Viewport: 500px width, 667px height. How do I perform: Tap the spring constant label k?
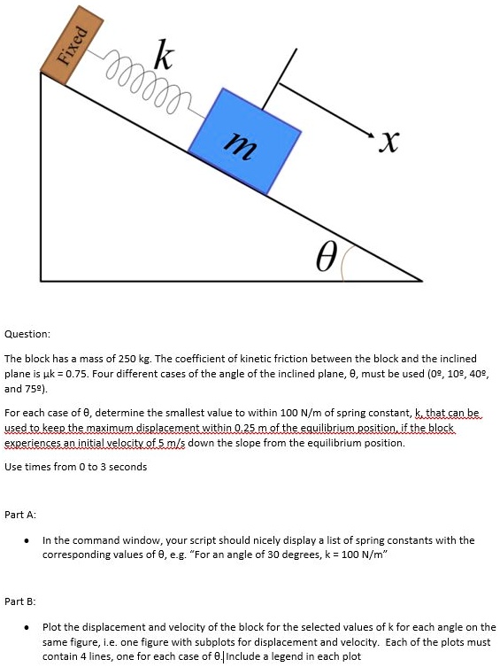(x=164, y=57)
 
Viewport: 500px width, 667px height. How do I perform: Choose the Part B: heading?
(x=21, y=601)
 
